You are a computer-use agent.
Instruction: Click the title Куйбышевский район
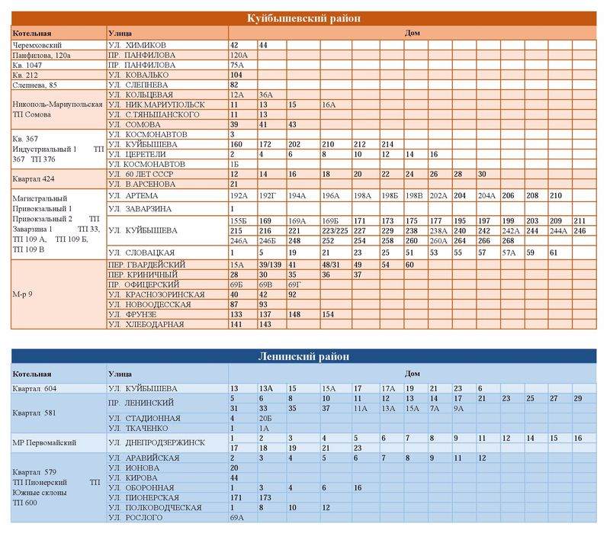[x=303, y=18]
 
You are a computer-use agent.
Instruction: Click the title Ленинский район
[x=303, y=356]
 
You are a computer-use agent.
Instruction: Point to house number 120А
[x=239, y=56]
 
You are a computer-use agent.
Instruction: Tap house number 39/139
[x=271, y=265]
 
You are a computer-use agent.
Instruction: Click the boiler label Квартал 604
[x=34, y=389]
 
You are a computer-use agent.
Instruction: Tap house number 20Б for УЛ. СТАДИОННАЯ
[x=265, y=418]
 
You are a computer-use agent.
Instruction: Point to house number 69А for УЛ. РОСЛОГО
[x=237, y=518]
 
